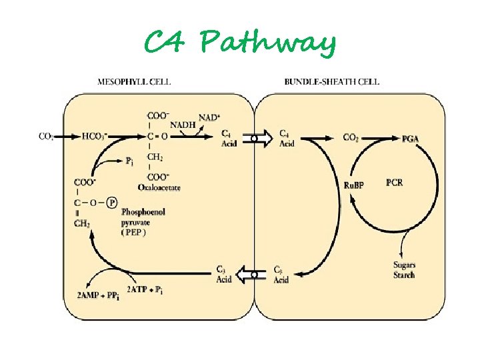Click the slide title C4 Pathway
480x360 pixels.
[x=240, y=43]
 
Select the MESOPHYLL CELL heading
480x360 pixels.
[x=134, y=82]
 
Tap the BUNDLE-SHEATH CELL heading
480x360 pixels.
[x=331, y=82]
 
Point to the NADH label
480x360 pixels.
[x=183, y=125]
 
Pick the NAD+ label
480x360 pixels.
[x=209, y=117]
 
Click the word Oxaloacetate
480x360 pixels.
[x=159, y=187]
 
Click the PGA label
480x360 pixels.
[x=411, y=138]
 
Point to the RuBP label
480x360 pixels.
[x=353, y=185]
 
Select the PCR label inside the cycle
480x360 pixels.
[x=394, y=183]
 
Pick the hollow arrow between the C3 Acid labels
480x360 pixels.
[x=256, y=273]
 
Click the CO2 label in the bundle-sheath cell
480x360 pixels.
[x=351, y=137]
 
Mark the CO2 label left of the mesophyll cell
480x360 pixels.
[x=47, y=137]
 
